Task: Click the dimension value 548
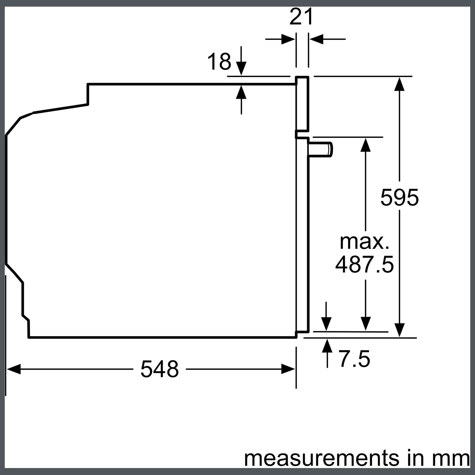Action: coord(160,369)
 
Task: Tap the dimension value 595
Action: coord(399,197)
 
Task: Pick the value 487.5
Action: coord(364,264)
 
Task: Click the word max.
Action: coord(364,242)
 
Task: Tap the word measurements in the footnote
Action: coord(322,458)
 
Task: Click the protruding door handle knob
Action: coord(320,149)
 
